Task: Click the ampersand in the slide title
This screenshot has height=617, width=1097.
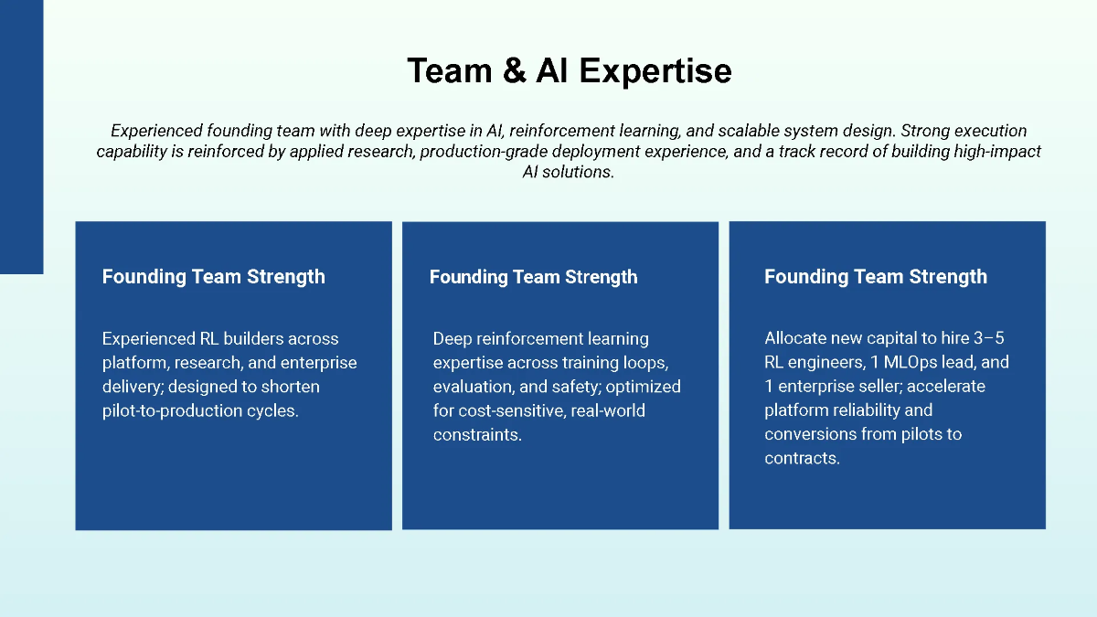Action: pos(514,70)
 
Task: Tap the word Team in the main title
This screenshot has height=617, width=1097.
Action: pos(451,70)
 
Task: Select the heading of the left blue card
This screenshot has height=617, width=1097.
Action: pos(213,276)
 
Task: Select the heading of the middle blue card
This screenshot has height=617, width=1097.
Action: pos(533,277)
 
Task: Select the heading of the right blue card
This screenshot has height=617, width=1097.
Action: pos(875,276)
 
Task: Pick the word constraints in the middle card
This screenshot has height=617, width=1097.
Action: pos(476,434)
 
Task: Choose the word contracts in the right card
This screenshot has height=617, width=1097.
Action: pos(801,458)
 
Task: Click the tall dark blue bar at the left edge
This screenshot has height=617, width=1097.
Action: pos(21,137)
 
